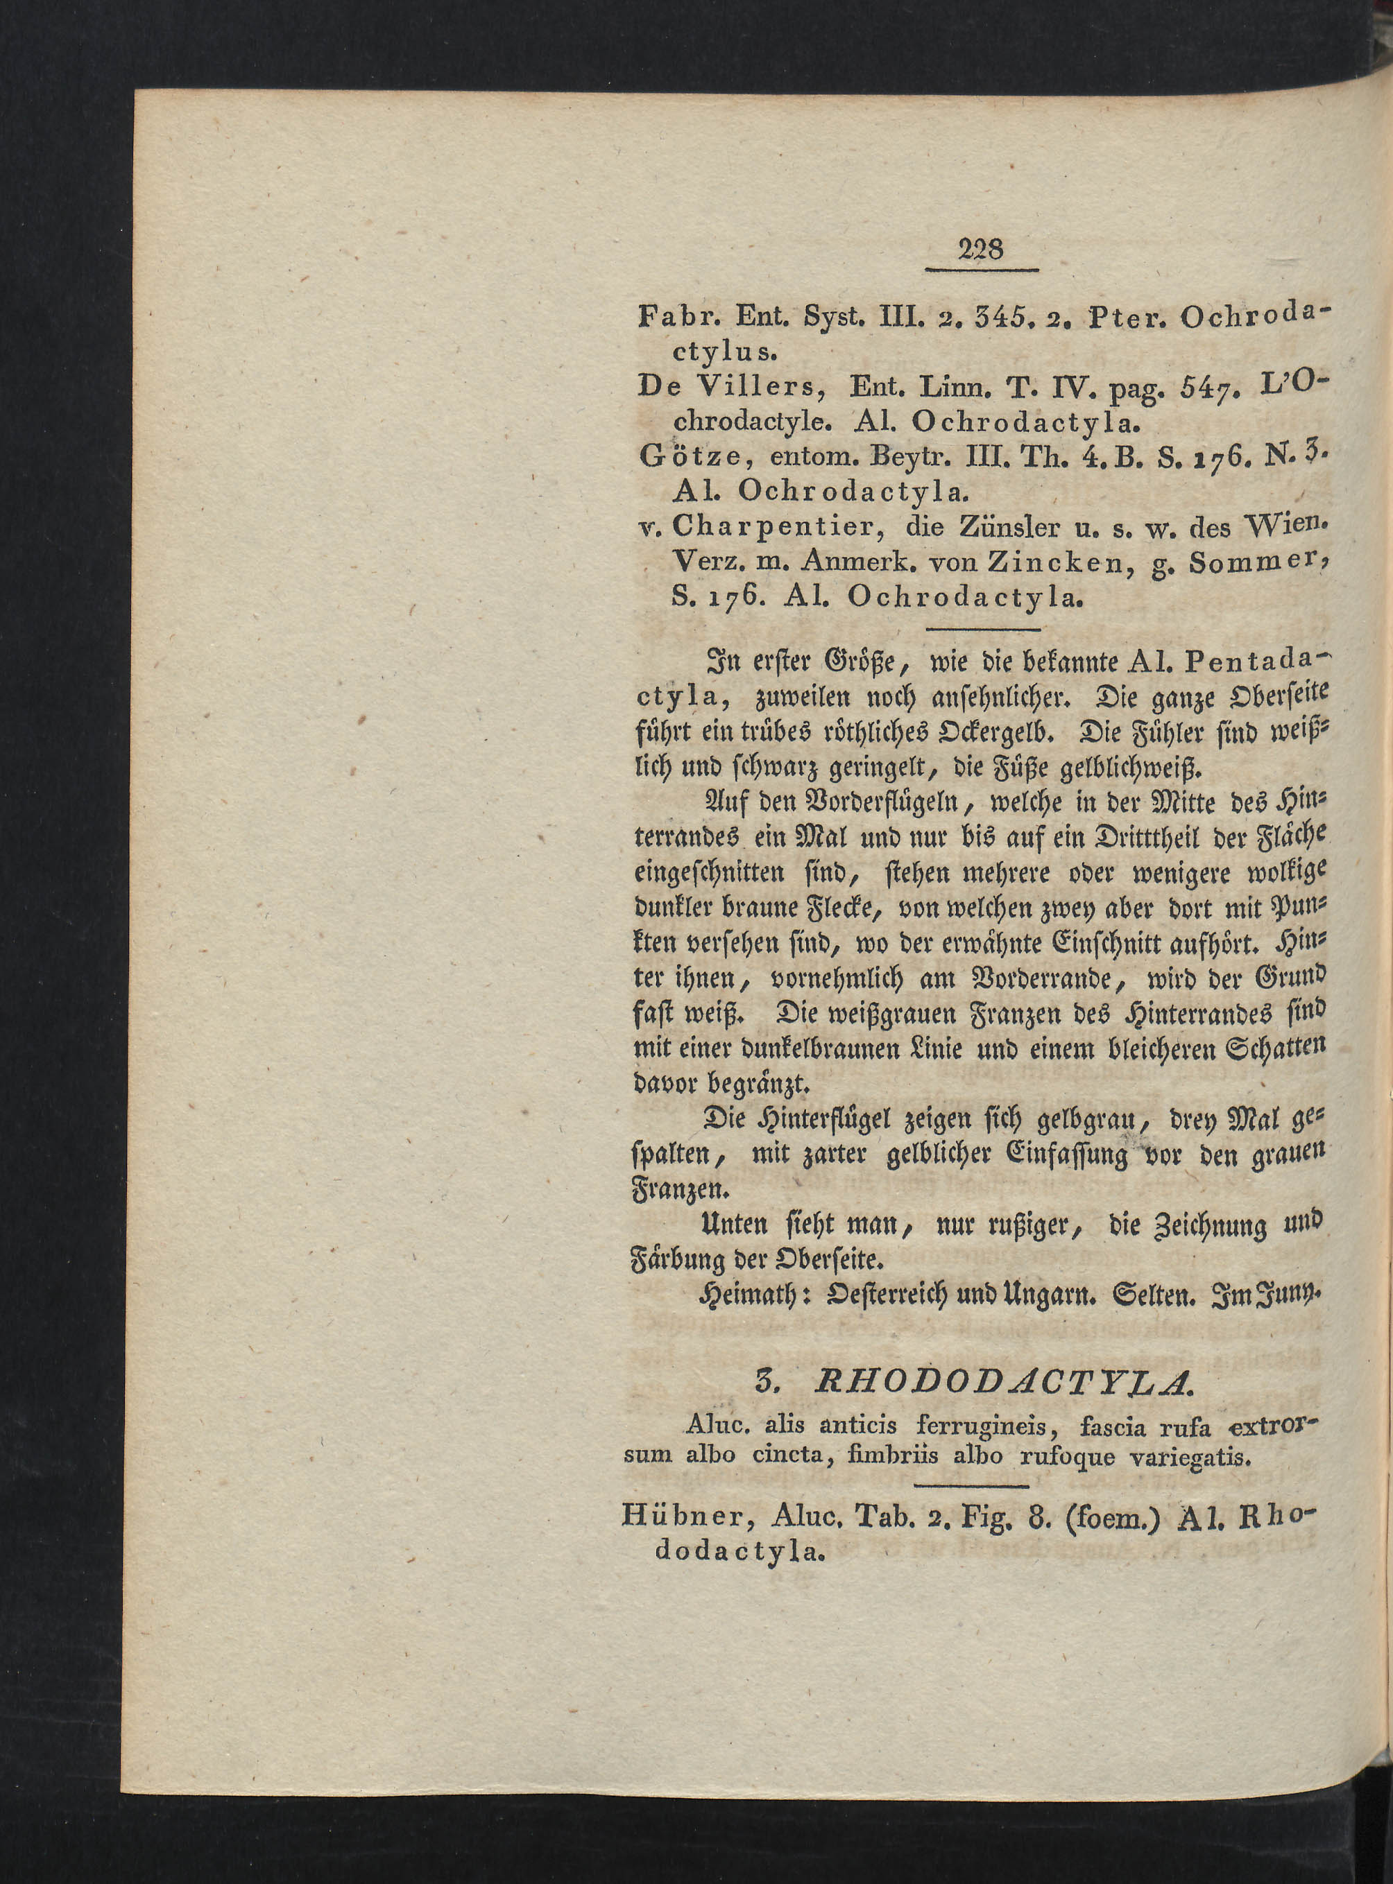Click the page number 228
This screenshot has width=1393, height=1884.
pyautogui.click(x=982, y=250)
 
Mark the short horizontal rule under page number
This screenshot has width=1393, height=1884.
pyautogui.click(x=982, y=270)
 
